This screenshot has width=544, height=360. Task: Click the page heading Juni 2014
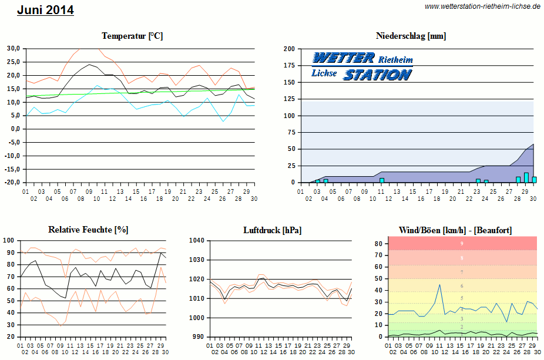point(45,10)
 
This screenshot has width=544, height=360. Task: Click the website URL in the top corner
point(482,6)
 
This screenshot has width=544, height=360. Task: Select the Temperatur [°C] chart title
point(132,36)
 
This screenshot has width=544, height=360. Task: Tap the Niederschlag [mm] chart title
point(411,36)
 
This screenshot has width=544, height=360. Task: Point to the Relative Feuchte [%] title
point(88,230)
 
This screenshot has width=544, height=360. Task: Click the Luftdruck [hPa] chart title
point(273,230)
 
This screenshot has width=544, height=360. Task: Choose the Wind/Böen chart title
point(455,230)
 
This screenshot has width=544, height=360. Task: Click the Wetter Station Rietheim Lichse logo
point(362,66)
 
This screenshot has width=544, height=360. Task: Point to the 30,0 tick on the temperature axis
point(14,49)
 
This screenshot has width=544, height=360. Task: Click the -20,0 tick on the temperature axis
point(12,183)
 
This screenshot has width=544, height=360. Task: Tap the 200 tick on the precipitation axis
point(289,49)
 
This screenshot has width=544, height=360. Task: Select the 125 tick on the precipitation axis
point(289,99)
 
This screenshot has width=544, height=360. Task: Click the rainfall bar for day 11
point(382,180)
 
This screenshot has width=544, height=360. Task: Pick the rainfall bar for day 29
point(526,177)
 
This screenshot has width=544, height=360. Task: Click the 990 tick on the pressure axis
point(197,337)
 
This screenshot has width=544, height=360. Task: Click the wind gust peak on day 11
point(439,285)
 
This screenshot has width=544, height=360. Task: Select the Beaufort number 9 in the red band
point(462,243)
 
